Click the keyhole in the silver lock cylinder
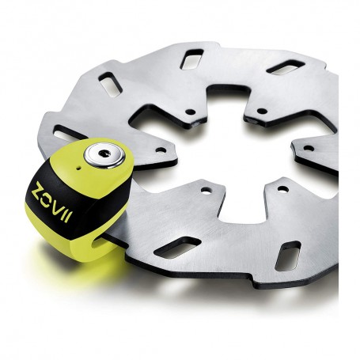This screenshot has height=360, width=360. (104, 153)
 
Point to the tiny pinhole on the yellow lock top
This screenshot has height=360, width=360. (79, 167)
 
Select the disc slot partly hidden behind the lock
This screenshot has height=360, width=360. (68, 132)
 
